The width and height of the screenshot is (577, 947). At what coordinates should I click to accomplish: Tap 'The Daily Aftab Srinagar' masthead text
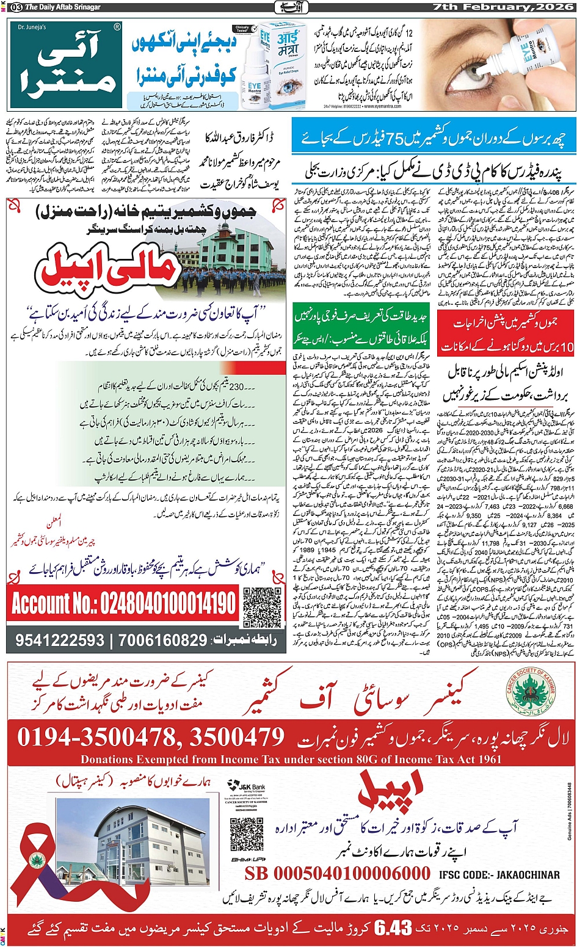point(62,7)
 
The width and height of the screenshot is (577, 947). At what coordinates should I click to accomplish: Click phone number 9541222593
point(60,640)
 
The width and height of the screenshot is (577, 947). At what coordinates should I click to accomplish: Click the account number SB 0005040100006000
point(337,874)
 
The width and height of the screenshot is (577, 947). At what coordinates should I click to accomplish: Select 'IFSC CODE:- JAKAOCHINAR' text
point(499,874)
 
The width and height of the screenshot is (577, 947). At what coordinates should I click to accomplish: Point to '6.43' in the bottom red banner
point(393,928)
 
